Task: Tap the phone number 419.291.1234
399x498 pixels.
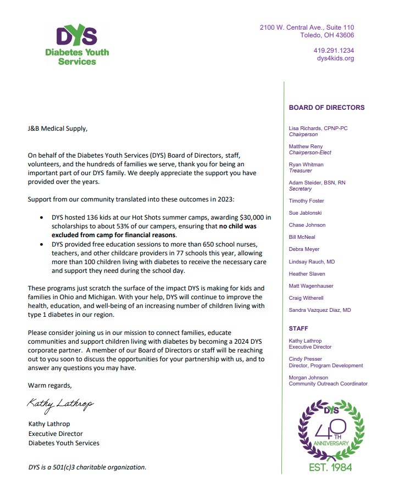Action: (x=334, y=51)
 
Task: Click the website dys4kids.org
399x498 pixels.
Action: (x=335, y=58)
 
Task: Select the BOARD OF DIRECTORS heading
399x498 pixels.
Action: (x=326, y=108)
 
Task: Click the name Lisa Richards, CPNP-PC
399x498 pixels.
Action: (x=318, y=128)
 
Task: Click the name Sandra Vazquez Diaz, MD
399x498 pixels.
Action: (x=320, y=310)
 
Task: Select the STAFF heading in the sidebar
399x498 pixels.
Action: (x=298, y=328)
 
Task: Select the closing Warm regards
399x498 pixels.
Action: (x=49, y=385)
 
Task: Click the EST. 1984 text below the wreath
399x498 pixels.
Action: (x=330, y=467)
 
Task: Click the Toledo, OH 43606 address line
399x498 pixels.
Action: (x=327, y=35)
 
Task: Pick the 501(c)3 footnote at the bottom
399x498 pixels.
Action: (x=87, y=467)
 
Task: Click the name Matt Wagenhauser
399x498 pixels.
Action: (x=311, y=286)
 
